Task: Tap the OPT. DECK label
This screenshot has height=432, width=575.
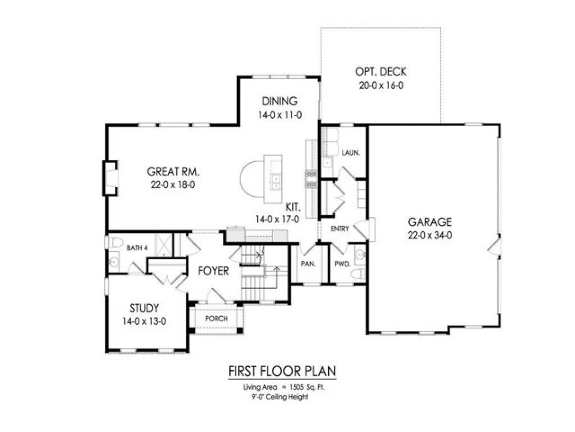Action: tap(380, 72)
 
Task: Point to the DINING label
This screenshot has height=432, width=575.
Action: tap(280, 101)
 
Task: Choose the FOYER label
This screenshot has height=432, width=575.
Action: tap(214, 271)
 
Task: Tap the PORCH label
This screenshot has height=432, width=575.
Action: tap(216, 319)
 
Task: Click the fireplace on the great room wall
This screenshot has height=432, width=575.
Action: tap(111, 179)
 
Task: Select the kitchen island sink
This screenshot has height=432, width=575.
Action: tap(276, 179)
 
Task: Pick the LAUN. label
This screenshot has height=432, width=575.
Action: tap(351, 153)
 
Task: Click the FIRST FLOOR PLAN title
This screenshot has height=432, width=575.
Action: tap(281, 372)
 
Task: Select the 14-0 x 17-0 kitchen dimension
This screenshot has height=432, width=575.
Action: tap(278, 220)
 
